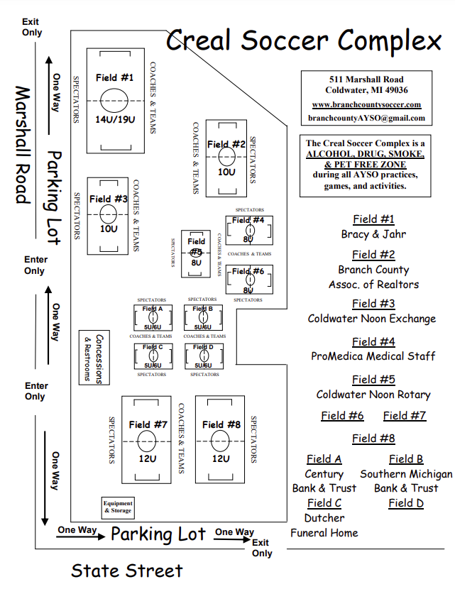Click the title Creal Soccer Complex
304,40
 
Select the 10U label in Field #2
226,172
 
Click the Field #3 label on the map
108,199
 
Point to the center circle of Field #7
146,441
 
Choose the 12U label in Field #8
221,458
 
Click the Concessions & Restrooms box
93,358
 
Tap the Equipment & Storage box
118,507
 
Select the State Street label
126,571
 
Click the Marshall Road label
23,145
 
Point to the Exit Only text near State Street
261,548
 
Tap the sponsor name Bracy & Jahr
373,234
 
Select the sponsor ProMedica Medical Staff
373,356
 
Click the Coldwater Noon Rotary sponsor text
373,395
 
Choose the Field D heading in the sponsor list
406,503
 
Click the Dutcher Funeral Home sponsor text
324,525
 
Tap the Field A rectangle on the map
152,317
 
